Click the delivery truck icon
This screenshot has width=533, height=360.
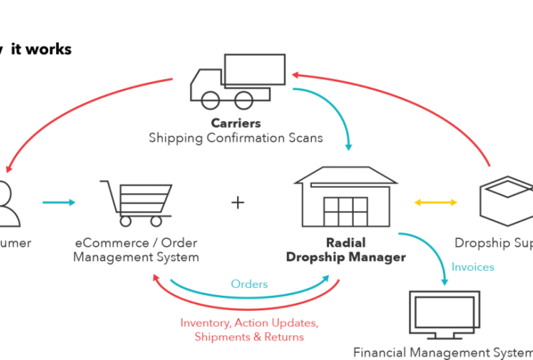click(x=230, y=80)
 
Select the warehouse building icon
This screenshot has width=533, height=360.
click(x=345, y=197)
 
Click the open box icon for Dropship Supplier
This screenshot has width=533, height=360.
click(x=505, y=201)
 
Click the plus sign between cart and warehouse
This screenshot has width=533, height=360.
click(x=238, y=203)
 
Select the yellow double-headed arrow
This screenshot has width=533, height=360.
click(x=436, y=203)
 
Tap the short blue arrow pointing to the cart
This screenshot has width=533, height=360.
click(x=59, y=202)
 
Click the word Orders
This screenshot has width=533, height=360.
click(x=249, y=284)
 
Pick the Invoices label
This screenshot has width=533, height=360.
click(x=472, y=266)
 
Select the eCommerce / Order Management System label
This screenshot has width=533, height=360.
click(x=136, y=251)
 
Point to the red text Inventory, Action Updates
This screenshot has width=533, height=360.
click(x=249, y=323)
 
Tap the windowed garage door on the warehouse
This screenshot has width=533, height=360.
click(x=345, y=210)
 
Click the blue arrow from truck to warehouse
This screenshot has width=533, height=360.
click(x=336, y=112)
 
